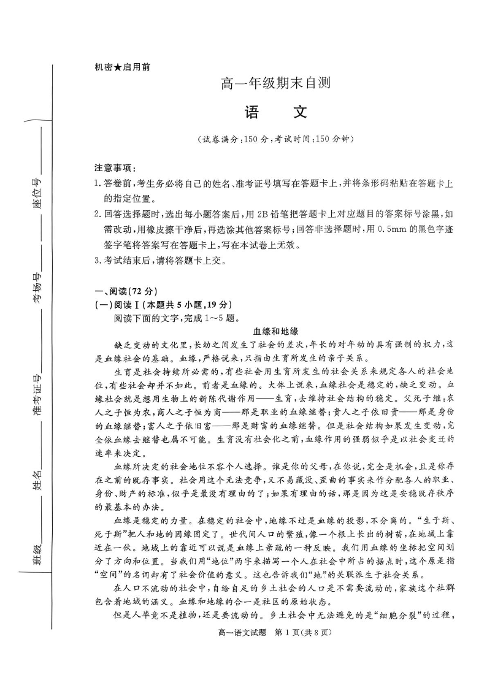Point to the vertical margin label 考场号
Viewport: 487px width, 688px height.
(37, 288)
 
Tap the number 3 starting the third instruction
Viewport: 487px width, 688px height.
(97, 260)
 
